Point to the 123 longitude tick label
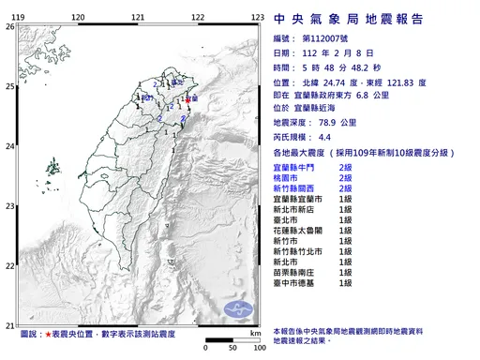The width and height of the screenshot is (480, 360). click(257, 18)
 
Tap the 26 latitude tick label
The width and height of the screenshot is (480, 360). click(9, 27)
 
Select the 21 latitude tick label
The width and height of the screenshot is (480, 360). click(9, 320)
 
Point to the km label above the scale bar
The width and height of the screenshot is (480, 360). click(255, 333)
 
